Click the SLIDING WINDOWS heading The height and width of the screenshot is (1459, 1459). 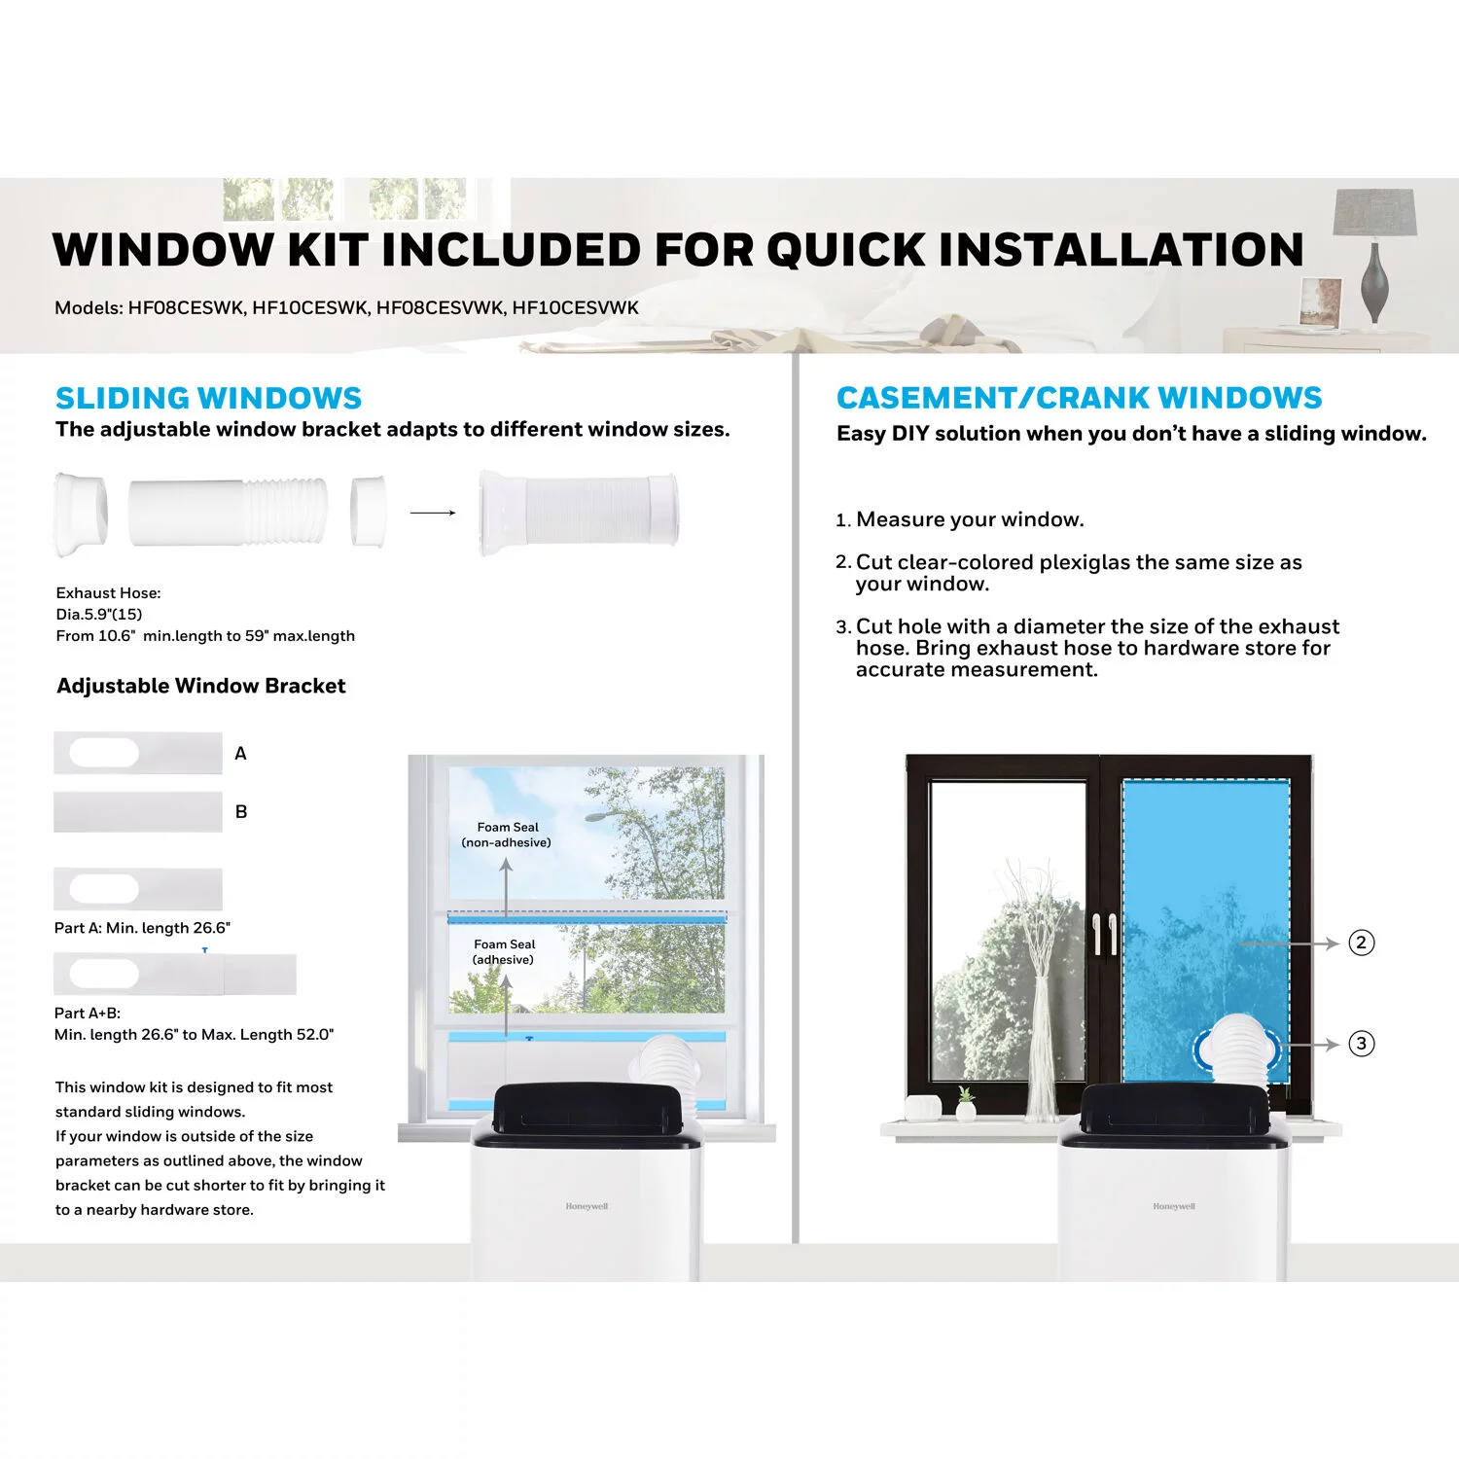pyautogui.click(x=208, y=398)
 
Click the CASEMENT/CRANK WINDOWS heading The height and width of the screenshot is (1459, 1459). pyautogui.click(x=1079, y=398)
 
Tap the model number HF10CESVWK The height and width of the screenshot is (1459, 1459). pyautogui.click(x=576, y=307)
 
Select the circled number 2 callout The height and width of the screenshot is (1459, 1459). pyautogui.click(x=1361, y=943)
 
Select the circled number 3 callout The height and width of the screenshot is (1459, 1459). pyautogui.click(x=1361, y=1044)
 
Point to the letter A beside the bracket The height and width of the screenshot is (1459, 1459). pyautogui.click(x=240, y=753)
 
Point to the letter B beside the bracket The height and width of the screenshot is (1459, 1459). pyautogui.click(x=241, y=811)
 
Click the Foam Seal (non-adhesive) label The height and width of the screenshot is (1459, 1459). pyautogui.click(x=507, y=835)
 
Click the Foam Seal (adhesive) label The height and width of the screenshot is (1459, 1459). pyautogui.click(x=504, y=951)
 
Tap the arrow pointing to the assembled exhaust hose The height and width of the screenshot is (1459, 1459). pyautogui.click(x=433, y=513)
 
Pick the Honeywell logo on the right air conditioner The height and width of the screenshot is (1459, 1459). pyautogui.click(x=1174, y=1206)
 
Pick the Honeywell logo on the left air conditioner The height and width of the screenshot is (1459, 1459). pyautogui.click(x=587, y=1206)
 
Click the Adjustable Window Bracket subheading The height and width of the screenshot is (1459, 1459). pyautogui.click(x=201, y=686)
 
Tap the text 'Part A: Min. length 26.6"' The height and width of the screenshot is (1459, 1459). pyautogui.click(x=142, y=928)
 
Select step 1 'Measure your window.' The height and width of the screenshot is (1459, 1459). pyautogui.click(x=959, y=519)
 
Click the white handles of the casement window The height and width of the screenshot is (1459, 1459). pyautogui.click(x=1104, y=934)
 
